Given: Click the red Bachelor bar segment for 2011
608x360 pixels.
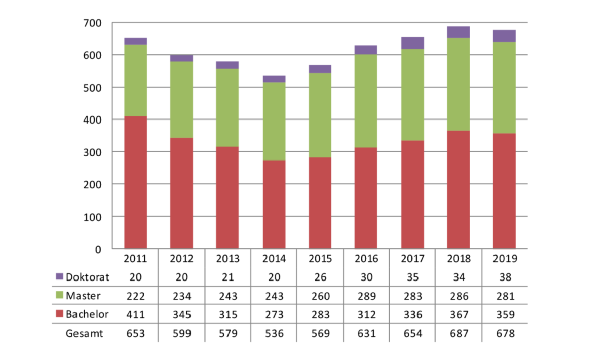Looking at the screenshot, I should (x=135, y=182).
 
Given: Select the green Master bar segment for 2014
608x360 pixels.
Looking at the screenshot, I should (x=274, y=121).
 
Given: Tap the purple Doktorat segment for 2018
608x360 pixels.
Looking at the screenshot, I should (x=458, y=32).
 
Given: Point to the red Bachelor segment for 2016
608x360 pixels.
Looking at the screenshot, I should (x=366, y=198).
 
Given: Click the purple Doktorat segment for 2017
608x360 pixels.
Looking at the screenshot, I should (x=412, y=43).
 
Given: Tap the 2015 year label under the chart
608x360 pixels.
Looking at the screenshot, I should (x=320, y=259).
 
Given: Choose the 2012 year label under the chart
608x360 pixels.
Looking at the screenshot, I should (x=181, y=259).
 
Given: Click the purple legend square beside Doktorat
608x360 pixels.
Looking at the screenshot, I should (x=59, y=277).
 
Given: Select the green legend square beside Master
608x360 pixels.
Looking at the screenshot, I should (x=59, y=296).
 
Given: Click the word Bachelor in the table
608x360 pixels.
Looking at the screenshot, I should (x=87, y=314).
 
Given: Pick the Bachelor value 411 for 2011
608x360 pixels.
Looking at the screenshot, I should (x=135, y=314).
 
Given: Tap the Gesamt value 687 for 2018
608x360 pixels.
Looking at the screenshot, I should (x=458, y=333).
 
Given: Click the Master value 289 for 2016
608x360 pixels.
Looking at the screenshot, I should (x=366, y=296).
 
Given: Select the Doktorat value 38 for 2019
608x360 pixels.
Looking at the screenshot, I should (x=504, y=277).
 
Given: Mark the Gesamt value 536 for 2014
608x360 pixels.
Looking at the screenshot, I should (x=274, y=333).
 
